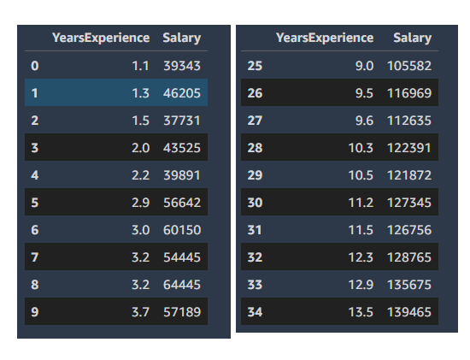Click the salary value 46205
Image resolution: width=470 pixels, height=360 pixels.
tap(182, 93)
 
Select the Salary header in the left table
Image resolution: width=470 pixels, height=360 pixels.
tap(182, 38)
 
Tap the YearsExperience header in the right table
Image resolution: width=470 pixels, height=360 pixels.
tap(325, 38)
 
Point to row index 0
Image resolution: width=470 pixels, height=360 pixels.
tap(35, 66)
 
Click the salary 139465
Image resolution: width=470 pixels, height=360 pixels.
tap(409, 312)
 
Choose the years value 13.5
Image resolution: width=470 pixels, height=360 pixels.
tap(361, 312)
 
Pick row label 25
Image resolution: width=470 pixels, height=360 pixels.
tap(255, 66)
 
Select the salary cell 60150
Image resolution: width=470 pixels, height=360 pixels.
tap(182, 230)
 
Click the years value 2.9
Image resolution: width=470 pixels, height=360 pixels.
tap(141, 203)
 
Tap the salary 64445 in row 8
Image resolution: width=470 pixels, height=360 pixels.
tap(182, 285)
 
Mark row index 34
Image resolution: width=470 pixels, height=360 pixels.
tap(255, 312)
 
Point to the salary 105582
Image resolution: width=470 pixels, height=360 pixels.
tap(409, 66)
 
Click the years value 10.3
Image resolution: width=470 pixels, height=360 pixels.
tap(361, 148)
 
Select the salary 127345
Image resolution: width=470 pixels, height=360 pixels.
tap(409, 203)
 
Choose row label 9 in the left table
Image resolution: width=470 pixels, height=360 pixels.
tap(35, 312)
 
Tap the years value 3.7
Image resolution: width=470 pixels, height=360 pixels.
tap(141, 312)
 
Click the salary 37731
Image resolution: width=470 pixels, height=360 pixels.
tap(182, 121)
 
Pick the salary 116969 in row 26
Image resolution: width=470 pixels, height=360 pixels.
tap(409, 93)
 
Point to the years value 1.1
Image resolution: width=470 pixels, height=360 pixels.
tap(141, 66)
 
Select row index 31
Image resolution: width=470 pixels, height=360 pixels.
tap(255, 230)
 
